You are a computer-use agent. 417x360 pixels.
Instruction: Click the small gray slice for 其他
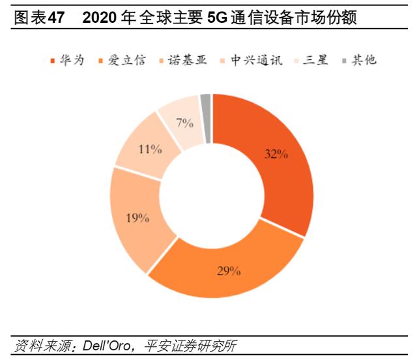(x=205, y=108)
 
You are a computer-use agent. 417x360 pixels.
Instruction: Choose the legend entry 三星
(x=314, y=61)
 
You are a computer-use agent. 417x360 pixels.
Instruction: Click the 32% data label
(x=276, y=155)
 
